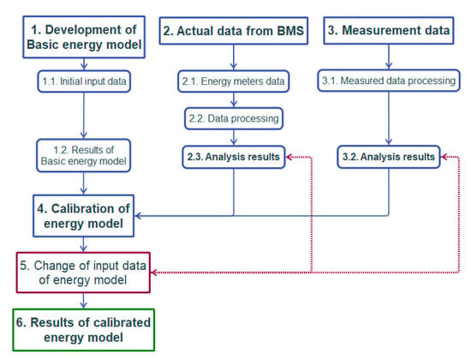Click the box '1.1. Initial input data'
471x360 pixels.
point(84,81)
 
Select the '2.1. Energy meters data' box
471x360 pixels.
point(234,81)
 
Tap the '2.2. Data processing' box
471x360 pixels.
point(234,118)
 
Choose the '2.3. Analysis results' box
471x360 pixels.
point(234,157)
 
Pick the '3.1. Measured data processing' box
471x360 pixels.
point(389,81)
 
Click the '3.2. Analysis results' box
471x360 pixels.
point(389,157)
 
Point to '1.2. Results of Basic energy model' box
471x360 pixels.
point(84,155)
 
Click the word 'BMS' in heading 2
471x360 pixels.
point(290,31)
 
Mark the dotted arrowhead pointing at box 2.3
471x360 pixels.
point(289,157)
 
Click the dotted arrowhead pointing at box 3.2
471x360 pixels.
point(444,157)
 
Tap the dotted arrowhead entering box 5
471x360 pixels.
point(154,273)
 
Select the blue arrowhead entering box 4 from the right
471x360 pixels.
point(138,216)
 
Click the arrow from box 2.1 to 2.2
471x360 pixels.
point(234,99)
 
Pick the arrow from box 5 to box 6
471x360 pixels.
point(84,301)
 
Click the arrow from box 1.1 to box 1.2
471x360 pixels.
point(84,116)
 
